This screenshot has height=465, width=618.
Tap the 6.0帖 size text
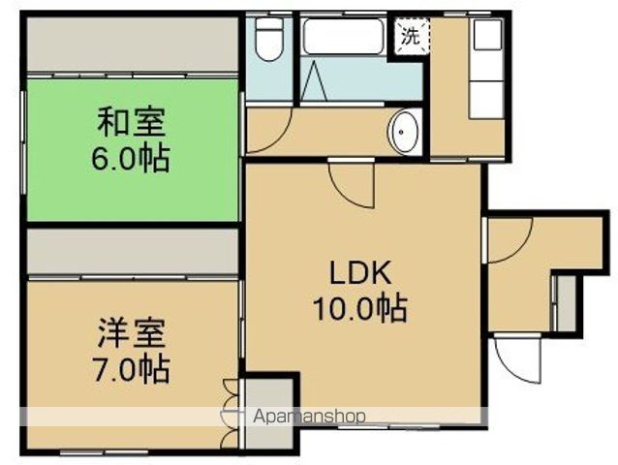[132, 157]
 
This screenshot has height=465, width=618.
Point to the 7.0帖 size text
[132, 368]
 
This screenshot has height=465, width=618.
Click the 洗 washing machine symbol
[411, 37]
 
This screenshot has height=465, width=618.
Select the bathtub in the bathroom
[344, 39]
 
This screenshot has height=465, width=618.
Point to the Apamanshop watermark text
[309, 417]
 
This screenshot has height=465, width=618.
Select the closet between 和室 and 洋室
[132, 252]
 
